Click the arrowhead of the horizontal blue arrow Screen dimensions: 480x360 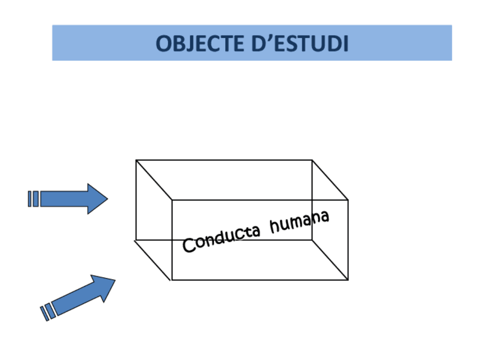point(97,199)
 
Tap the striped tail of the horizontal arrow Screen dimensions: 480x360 point(33,199)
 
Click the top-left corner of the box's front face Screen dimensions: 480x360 point(172,200)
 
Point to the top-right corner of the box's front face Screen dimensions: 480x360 point(348,200)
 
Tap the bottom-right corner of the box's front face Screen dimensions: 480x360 point(348,280)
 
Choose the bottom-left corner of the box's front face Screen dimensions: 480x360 point(172,280)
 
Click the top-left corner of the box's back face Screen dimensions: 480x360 point(136,160)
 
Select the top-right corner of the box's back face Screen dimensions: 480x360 point(312,160)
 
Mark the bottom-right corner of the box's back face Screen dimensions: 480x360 point(312,239)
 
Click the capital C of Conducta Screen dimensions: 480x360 point(189,246)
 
